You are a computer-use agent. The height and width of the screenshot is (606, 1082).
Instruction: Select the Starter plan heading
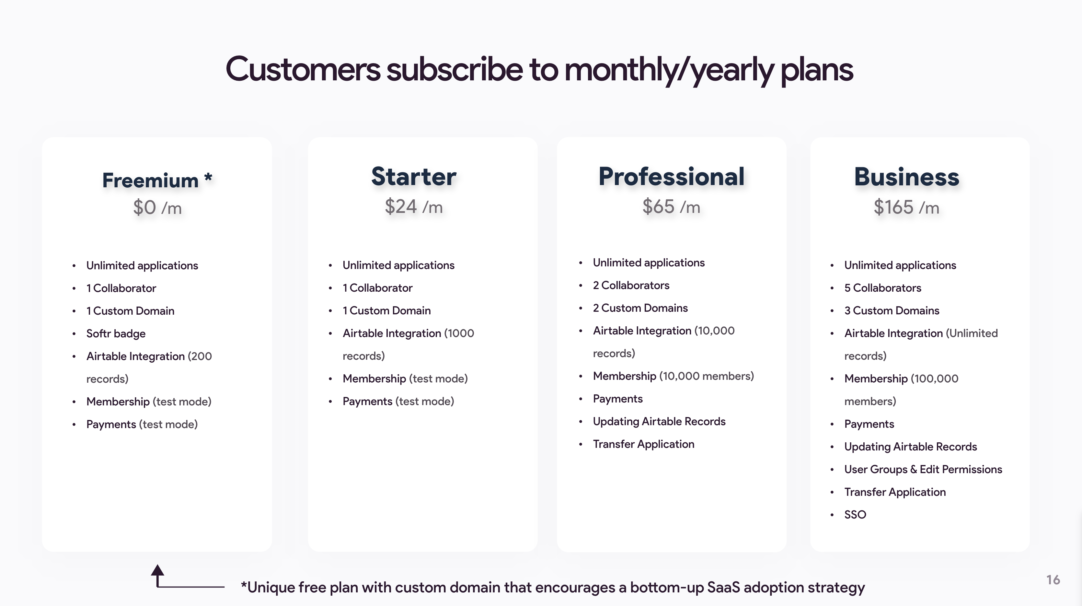pyautogui.click(x=414, y=177)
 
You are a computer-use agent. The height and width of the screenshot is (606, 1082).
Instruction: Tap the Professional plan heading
pyautogui.click(x=671, y=177)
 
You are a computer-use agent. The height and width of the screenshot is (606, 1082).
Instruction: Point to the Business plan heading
pyautogui.click(x=906, y=177)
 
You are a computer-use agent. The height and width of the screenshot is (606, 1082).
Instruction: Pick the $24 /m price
pyautogui.click(x=414, y=207)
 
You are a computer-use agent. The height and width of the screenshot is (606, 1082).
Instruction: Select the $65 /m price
pyautogui.click(x=671, y=207)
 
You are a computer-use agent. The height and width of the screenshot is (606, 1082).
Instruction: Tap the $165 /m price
pyautogui.click(x=906, y=207)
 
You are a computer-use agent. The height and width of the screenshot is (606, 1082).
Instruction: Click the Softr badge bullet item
pyautogui.click(x=116, y=334)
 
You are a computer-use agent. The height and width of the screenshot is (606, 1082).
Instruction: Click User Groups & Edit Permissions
pyautogui.click(x=923, y=470)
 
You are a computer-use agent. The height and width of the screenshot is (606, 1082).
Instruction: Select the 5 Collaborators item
pyautogui.click(x=882, y=288)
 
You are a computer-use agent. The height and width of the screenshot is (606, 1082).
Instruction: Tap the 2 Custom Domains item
pyautogui.click(x=640, y=308)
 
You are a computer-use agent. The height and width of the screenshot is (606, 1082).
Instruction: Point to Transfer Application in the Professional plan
pyautogui.click(x=643, y=444)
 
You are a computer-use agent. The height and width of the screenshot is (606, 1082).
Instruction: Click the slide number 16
pyautogui.click(x=1053, y=580)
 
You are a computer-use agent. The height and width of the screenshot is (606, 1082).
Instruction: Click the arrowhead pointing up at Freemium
pyautogui.click(x=157, y=570)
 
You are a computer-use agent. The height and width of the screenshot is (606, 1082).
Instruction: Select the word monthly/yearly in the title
pyautogui.click(x=669, y=70)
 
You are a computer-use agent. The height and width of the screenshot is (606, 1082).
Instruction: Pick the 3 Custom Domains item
pyautogui.click(x=892, y=310)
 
